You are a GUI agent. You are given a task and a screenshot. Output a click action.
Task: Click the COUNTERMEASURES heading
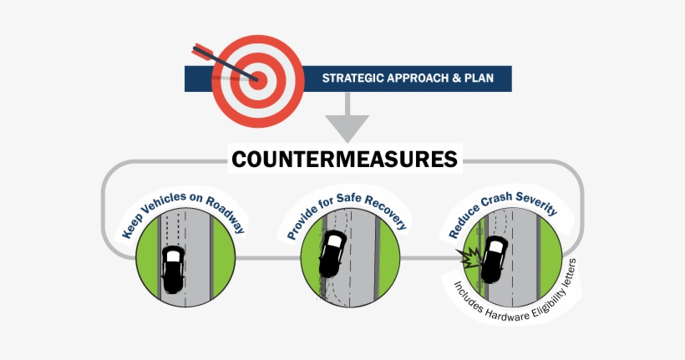(x=344, y=159)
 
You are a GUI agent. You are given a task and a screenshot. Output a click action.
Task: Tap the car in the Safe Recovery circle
(x=332, y=255)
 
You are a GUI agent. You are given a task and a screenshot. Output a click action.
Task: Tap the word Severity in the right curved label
(x=534, y=205)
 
